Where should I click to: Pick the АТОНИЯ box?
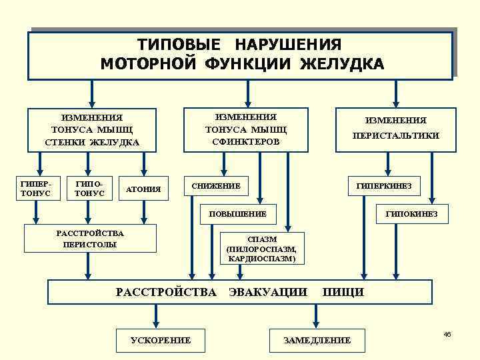143,189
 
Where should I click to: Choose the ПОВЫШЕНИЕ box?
237,214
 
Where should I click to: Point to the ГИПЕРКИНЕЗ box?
384,185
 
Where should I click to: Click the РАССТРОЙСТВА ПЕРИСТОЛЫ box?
90,239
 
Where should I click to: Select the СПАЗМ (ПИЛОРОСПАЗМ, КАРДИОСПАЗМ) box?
261,249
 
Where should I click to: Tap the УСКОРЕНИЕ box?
160,340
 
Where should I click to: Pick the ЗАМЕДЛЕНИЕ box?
317,340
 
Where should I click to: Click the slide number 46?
447,333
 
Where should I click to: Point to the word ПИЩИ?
343,291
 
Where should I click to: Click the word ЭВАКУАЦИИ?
268,291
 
